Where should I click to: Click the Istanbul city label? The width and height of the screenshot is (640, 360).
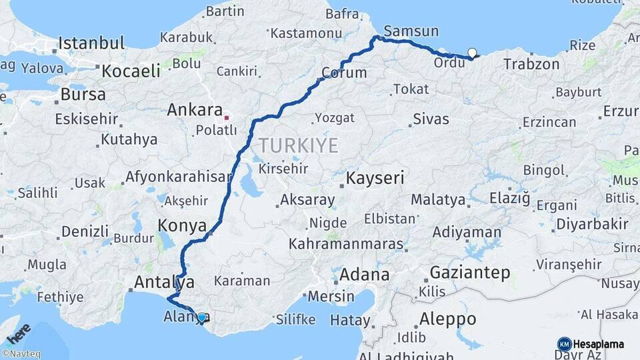pos(91,44)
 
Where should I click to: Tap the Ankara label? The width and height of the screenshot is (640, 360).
pos(195,109)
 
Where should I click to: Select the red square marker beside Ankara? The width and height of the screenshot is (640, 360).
pos(227,117)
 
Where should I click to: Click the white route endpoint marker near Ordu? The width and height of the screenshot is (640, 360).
pos(472,53)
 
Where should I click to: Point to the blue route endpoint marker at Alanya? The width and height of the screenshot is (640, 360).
pos(201,318)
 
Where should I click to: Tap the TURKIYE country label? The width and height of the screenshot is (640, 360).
pos(299,145)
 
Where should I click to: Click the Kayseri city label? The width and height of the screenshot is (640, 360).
pos(375,179)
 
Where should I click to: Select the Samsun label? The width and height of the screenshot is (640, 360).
pos(411,31)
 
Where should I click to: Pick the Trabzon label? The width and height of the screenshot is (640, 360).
pos(531,65)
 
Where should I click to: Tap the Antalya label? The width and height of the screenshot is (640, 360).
pos(164,282)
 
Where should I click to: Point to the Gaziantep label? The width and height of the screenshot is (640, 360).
pos(470,272)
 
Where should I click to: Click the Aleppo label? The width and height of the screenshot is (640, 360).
pos(448,319)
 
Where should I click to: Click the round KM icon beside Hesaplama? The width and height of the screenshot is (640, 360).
pos(564,344)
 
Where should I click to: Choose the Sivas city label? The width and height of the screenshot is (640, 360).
pos(431,120)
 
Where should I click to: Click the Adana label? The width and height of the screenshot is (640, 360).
pos(364,274)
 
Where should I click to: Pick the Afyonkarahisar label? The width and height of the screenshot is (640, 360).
pos(178,178)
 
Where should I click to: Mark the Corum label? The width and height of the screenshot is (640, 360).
pos(344,73)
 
